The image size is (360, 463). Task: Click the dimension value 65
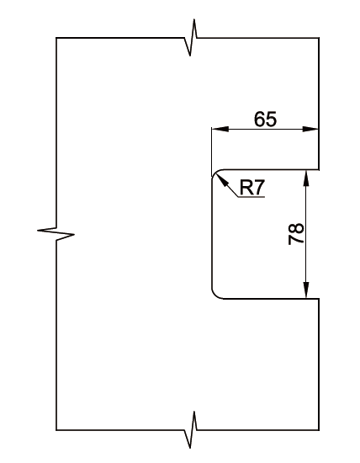coord(266,119)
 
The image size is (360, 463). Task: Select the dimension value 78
coord(296,234)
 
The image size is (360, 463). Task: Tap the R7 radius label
coord(252,187)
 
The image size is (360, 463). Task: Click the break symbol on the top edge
coord(191,38)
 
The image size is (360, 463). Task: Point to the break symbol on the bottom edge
coord(191,429)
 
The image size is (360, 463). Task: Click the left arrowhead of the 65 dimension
coord(220,129)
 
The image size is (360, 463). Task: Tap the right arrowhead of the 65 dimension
coord(310,129)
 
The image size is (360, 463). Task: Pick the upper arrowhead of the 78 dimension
coord(306,178)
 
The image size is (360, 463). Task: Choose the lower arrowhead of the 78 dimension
coord(306,290)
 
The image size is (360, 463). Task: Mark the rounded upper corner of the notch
coord(215,173)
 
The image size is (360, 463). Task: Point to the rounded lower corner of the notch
coord(215,295)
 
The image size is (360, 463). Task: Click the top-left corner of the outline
coord(56,38)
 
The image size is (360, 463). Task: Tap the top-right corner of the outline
coord(319,38)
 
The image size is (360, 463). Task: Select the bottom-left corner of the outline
coord(56,430)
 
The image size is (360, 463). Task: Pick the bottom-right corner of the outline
coord(319,430)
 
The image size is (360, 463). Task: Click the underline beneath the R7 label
coord(251,197)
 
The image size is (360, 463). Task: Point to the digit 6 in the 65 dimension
coord(260,119)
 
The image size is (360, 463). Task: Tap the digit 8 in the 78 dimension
coord(296,228)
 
